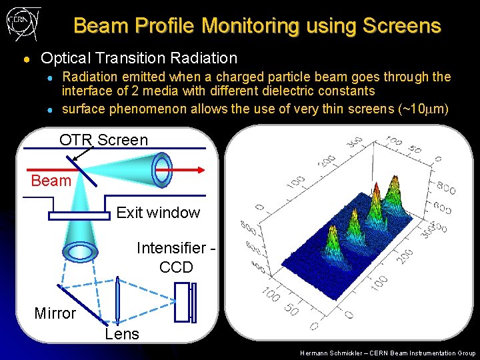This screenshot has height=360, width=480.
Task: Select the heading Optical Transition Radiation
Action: [x=139, y=59]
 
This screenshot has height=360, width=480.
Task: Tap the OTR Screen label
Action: [x=103, y=139]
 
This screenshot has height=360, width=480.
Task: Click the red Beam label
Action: [x=51, y=181]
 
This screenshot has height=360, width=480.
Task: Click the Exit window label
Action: [x=158, y=213]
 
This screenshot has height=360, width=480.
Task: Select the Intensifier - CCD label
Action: [x=176, y=257]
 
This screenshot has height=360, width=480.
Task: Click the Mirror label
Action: [x=55, y=313]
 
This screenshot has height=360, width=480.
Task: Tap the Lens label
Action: [x=122, y=334]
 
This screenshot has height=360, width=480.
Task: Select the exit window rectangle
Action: [x=79, y=215]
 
